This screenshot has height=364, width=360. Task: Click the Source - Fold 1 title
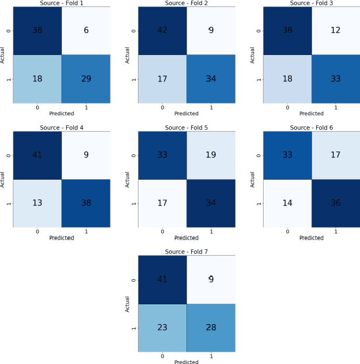pyautogui.click(x=61, y=4)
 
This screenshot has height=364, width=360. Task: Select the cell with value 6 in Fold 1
pyautogui.click(x=86, y=30)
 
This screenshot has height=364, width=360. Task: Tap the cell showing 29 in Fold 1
pyautogui.click(x=86, y=78)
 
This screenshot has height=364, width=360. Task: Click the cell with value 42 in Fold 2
pyautogui.click(x=162, y=30)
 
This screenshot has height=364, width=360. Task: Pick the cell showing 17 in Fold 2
pyautogui.click(x=162, y=78)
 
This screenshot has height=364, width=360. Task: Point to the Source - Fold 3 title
pyautogui.click(x=311, y=4)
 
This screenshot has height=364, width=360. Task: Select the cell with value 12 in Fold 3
pyautogui.click(x=335, y=30)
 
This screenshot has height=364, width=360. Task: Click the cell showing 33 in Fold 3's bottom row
pyautogui.click(x=335, y=78)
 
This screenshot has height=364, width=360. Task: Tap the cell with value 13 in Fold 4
pyautogui.click(x=37, y=203)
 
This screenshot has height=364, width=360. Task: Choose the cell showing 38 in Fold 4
pyautogui.click(x=86, y=203)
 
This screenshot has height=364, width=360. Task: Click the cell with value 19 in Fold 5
pyautogui.click(x=211, y=155)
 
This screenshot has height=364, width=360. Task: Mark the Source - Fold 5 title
pyautogui.click(x=186, y=128)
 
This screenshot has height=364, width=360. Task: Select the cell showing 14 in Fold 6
pyautogui.click(x=287, y=203)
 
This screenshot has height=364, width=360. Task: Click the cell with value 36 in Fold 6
pyautogui.click(x=335, y=203)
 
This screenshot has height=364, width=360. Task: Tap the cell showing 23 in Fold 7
pyautogui.click(x=162, y=328)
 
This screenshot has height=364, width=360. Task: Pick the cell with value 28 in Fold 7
pyautogui.click(x=211, y=328)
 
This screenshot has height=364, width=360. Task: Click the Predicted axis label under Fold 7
pyautogui.click(x=186, y=362)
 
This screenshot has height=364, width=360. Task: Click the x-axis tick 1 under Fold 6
pyautogui.click(x=335, y=231)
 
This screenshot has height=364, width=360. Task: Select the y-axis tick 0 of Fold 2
pyautogui.click(x=133, y=30)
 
